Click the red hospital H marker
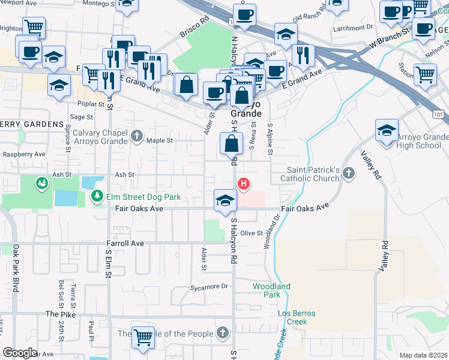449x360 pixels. (x=244, y=184)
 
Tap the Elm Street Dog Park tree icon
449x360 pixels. (x=96, y=196)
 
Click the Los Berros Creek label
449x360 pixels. (x=297, y=317)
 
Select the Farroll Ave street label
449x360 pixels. (x=125, y=244)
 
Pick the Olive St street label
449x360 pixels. (x=252, y=233)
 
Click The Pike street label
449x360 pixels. (x=61, y=314)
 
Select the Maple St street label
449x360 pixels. (x=160, y=141)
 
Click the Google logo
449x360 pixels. (x=20, y=353)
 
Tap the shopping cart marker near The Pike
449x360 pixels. (x=143, y=338)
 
